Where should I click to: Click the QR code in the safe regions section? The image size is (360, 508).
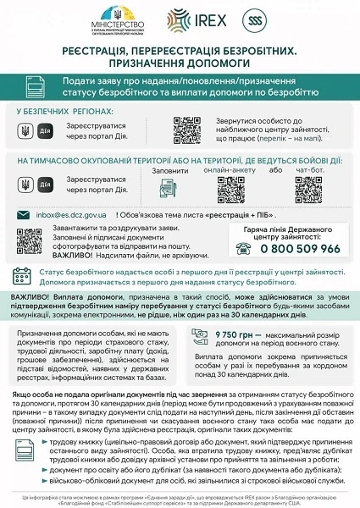point(186,130)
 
